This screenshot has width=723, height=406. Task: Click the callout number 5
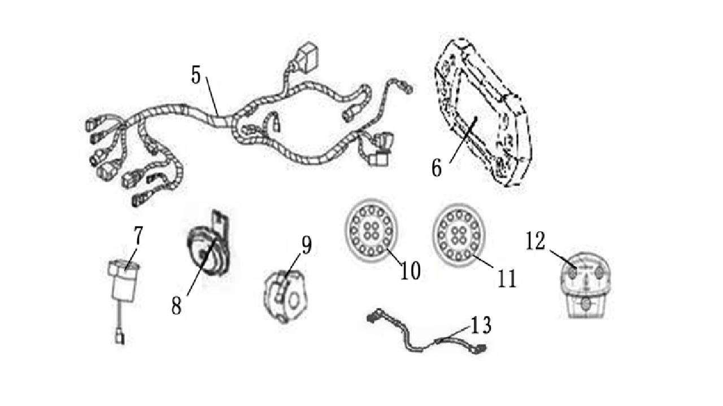[x=196, y=75]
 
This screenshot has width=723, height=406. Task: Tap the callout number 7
[x=138, y=236]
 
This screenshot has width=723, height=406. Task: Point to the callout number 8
[x=176, y=306]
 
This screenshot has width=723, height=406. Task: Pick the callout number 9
[x=307, y=245]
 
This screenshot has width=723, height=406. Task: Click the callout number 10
[x=410, y=270]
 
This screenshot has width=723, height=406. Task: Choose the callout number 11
[x=507, y=279]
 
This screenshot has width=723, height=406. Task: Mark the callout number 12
[x=535, y=241]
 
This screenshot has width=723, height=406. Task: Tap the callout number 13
[x=481, y=325]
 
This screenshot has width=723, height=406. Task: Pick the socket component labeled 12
[x=585, y=285]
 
